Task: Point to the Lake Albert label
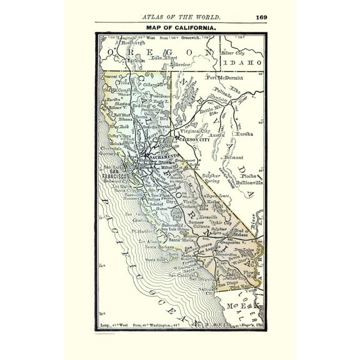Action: pyautogui.click(x=161, y=56)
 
